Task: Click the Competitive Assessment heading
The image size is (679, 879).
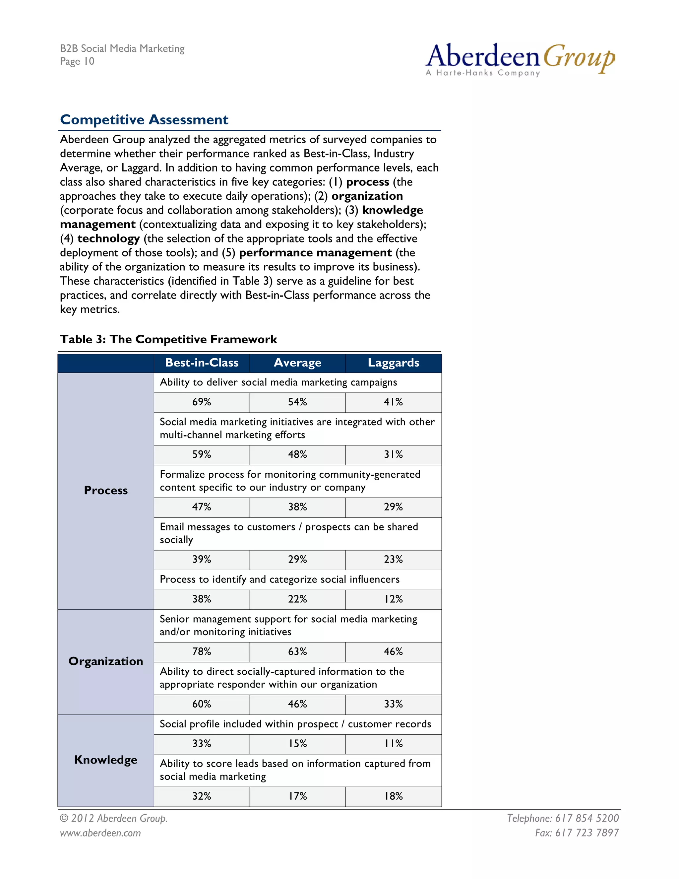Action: (144, 119)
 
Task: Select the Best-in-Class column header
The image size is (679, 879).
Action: (202, 363)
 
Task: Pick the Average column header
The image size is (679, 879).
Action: (297, 363)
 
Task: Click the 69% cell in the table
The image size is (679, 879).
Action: (202, 402)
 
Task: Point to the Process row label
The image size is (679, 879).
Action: (106, 490)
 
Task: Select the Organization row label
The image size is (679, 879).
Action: (106, 661)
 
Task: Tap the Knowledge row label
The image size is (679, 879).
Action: (106, 760)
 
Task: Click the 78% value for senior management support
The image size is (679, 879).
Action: (202, 651)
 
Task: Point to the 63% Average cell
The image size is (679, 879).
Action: (297, 651)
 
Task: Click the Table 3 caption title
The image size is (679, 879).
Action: (168, 339)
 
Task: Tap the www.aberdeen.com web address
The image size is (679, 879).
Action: (100, 833)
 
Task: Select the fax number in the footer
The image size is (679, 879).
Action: (577, 833)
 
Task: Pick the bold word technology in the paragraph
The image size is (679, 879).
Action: (109, 239)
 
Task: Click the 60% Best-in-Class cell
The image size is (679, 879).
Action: (202, 704)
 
